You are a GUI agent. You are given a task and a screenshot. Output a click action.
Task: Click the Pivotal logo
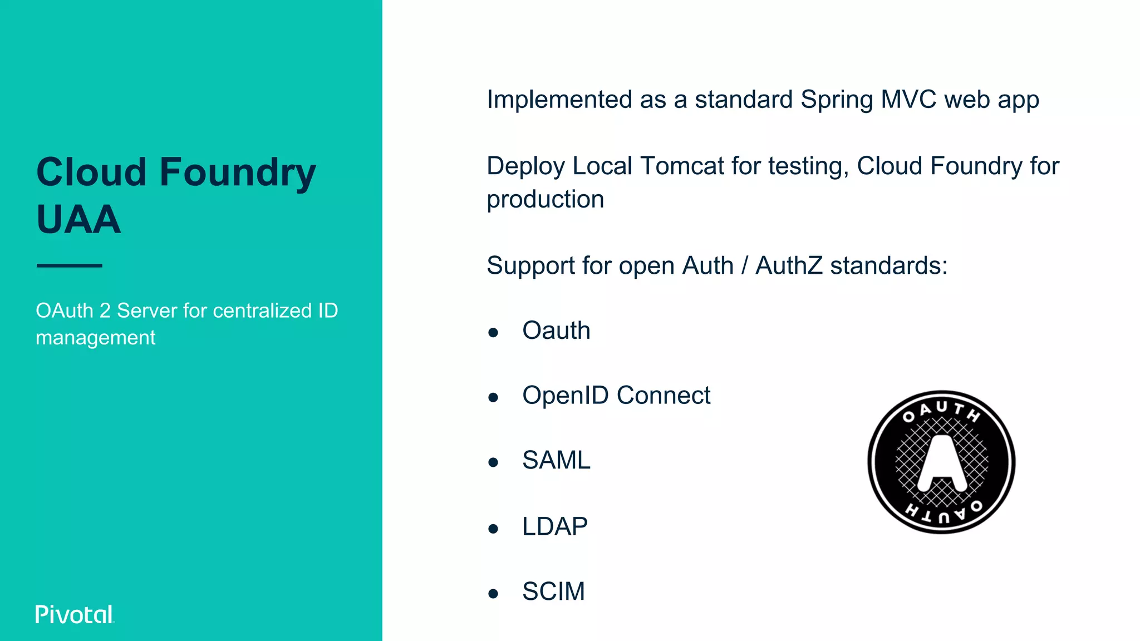[75, 614]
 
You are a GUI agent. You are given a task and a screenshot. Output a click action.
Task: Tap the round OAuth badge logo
[941, 462]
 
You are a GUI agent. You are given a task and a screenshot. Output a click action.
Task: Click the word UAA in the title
[78, 219]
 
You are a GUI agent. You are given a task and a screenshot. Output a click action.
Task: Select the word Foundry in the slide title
[238, 172]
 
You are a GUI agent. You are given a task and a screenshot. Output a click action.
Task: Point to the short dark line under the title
[70, 265]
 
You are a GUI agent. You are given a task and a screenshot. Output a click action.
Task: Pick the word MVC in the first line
[908, 100]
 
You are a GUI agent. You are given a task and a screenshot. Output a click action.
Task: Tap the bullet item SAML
[556, 460]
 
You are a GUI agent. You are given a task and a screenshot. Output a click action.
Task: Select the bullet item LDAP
[554, 526]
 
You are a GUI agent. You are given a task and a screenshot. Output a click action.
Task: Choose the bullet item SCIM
[553, 591]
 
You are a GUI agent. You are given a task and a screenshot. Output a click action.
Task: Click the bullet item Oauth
[556, 331]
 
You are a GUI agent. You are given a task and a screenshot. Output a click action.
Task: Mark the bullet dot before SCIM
[493, 594]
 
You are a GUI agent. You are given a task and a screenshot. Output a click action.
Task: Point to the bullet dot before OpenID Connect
[493, 398]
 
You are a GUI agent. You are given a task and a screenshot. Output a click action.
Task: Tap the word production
[545, 199]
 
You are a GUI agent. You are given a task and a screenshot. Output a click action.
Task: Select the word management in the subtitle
[95, 338]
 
